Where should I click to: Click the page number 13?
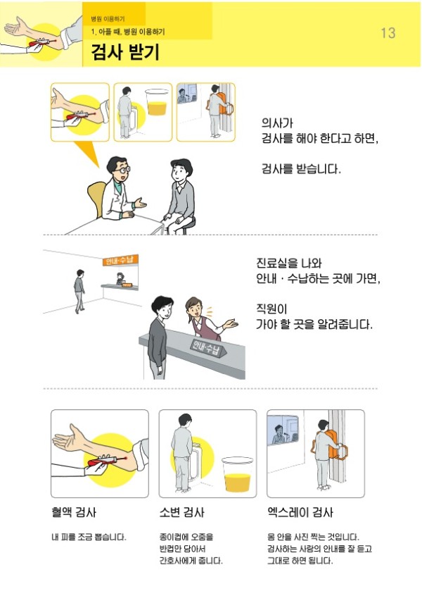tap(388, 33)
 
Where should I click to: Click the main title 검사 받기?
tap(125, 52)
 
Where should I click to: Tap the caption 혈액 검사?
tap(74, 512)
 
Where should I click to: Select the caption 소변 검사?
tap(181, 512)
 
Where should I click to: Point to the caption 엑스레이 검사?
tap(300, 512)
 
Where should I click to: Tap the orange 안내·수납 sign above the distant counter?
tap(120, 261)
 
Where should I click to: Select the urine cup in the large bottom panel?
tap(237, 474)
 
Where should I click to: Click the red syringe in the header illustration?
tap(41, 42)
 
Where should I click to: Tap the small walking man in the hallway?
tap(79, 291)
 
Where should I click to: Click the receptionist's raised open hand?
tap(231, 324)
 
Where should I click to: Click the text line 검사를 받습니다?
tap(301, 168)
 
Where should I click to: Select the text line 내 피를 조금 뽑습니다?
tap(89, 537)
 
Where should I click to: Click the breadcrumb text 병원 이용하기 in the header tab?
tap(108, 18)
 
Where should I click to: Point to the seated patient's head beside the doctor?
tap(180, 172)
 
